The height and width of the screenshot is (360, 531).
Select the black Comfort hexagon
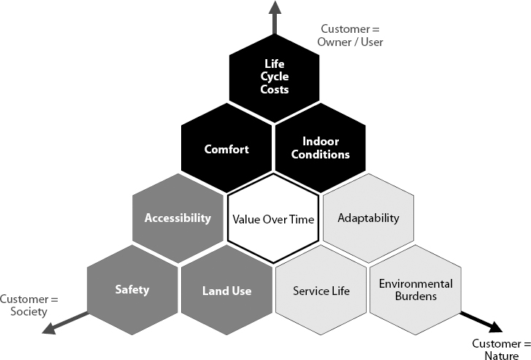(x=226, y=149)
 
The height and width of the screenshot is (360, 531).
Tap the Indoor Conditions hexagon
(x=321, y=149)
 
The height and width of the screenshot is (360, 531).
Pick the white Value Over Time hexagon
(x=274, y=218)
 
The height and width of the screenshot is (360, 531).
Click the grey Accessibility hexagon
(x=178, y=218)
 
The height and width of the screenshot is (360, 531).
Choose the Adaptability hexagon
(x=369, y=218)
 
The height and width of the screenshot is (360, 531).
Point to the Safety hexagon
(x=132, y=290)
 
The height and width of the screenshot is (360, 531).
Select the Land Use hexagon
(x=226, y=291)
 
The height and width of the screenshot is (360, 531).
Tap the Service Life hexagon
(x=321, y=291)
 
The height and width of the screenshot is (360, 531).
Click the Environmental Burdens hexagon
(x=416, y=290)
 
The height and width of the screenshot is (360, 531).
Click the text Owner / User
(x=350, y=42)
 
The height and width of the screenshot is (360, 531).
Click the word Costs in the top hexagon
(x=275, y=90)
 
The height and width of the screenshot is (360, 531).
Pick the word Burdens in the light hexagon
(x=416, y=297)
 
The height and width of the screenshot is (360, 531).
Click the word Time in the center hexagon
(x=302, y=218)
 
